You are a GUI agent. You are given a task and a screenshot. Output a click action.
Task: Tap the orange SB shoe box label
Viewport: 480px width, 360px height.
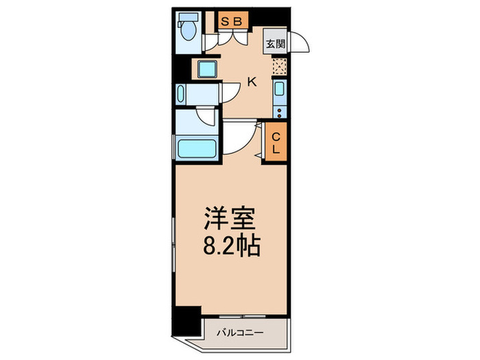pos(231,22)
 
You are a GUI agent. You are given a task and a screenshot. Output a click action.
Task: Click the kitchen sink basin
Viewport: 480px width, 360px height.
pos(279,88)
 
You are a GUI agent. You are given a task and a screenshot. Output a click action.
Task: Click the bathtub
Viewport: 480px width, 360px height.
pos(196,148)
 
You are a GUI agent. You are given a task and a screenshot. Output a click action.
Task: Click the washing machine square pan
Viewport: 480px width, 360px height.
pos(206,69)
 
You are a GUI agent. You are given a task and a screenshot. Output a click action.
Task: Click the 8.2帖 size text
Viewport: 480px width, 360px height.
pos(230,246)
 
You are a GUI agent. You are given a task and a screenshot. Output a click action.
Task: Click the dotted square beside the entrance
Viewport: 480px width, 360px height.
pos(278,67)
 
